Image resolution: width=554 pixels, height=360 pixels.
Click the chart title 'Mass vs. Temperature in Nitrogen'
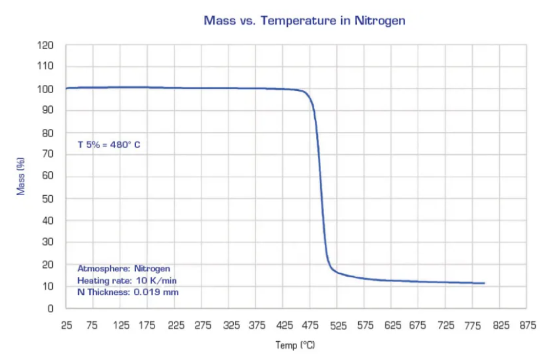(x=304, y=21)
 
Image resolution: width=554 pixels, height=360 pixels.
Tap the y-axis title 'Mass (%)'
(x=21, y=176)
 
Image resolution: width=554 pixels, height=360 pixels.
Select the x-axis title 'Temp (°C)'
(x=295, y=346)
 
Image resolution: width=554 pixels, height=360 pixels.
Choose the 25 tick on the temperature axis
(x=66, y=325)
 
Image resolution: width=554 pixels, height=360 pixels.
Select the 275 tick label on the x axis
(x=202, y=325)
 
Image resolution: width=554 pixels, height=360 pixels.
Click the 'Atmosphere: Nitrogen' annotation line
(x=123, y=268)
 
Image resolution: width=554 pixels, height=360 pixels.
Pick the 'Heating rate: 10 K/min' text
(x=127, y=280)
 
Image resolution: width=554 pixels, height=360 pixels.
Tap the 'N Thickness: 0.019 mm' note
(x=128, y=292)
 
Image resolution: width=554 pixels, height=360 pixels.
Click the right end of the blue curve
(x=485, y=283)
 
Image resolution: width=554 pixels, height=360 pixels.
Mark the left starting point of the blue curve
(x=66, y=88)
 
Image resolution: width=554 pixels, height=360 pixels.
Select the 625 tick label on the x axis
(x=392, y=325)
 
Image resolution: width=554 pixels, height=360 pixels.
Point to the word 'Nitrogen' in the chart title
(x=380, y=21)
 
